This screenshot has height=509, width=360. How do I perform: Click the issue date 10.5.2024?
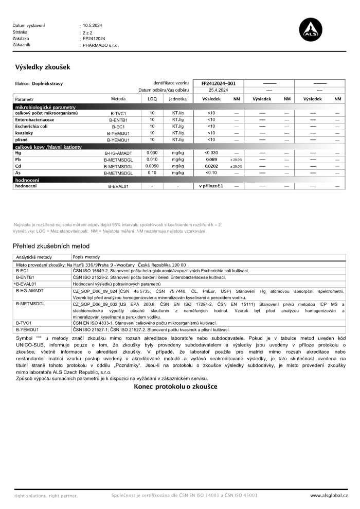tap(93, 25)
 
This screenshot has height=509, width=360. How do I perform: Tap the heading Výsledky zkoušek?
tap(43, 67)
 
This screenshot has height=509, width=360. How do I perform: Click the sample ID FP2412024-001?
tap(218, 83)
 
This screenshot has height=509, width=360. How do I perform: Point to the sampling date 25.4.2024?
tap(218, 90)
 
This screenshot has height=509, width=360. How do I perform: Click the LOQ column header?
tap(152, 99)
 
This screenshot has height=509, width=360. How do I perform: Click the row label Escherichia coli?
tap(31, 126)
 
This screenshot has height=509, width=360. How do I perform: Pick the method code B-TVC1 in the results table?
tap(118, 113)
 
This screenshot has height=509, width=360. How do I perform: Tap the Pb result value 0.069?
tap(211, 160)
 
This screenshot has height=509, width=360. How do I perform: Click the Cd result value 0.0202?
tap(211, 166)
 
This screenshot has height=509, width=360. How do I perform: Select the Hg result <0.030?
tap(211, 153)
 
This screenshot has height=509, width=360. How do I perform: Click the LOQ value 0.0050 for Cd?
tap(152, 166)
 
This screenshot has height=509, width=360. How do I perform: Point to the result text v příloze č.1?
tap(211, 186)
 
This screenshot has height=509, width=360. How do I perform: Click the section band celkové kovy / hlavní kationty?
tap(48, 147)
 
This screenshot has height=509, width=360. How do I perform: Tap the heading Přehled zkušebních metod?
tap(51, 246)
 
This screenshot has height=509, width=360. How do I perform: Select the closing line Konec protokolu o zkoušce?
tap(175, 387)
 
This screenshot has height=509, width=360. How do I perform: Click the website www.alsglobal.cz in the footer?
tap(329, 495)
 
